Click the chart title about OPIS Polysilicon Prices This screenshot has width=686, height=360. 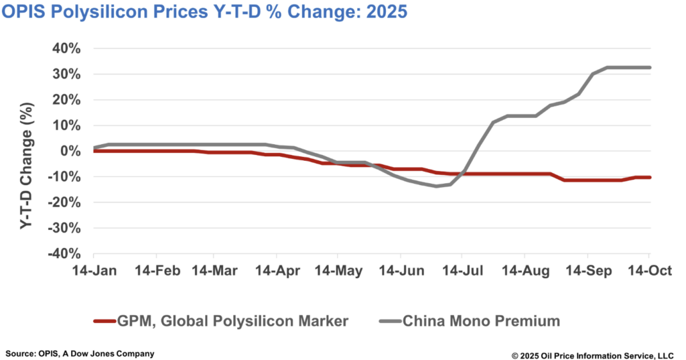[204, 13]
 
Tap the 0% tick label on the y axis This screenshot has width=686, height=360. [72, 152]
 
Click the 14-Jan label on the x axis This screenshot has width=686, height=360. [94, 271]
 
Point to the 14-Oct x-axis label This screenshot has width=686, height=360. [648, 271]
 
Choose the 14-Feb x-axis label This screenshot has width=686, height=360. [156, 271]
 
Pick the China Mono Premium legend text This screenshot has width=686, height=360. [481, 321]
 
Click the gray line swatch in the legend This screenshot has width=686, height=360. [385, 321]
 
